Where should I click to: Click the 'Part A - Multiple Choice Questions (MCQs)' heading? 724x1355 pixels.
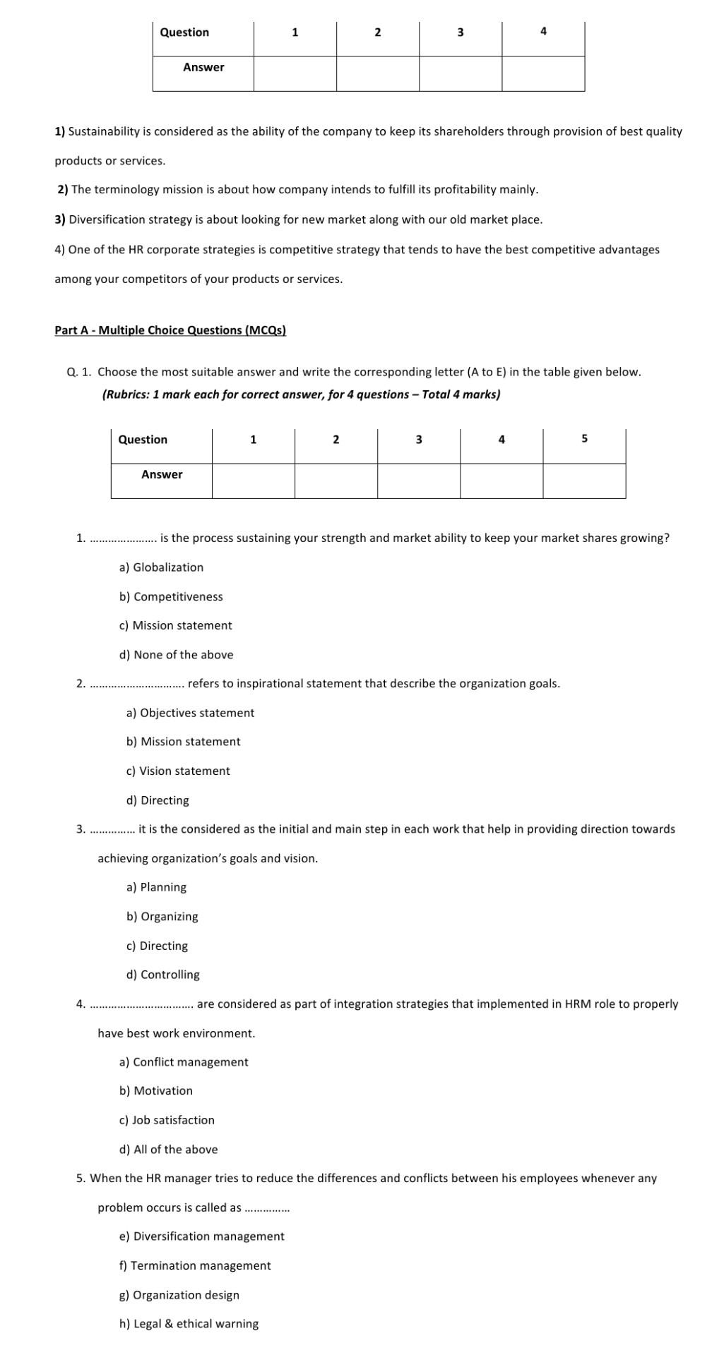[170, 330]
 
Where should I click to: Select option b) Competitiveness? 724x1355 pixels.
[171, 596]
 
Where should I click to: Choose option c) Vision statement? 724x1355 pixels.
[178, 771]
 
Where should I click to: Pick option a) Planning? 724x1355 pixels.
[156, 887]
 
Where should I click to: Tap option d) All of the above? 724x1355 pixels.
[168, 1149]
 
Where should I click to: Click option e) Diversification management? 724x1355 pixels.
[201, 1236]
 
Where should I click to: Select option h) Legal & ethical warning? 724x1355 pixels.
[189, 1323]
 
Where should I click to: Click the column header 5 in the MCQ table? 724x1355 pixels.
[584, 439]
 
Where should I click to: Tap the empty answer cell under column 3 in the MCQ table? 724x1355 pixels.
[418, 481]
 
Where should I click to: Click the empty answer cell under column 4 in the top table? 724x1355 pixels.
[543, 73]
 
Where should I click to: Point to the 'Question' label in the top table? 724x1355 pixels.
[184, 32]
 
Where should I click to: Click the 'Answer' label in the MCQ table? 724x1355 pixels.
[162, 474]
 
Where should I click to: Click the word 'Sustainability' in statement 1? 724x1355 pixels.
[102, 131]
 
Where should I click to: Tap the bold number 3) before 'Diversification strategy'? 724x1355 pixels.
[60, 219]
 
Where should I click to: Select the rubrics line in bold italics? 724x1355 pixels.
[301, 395]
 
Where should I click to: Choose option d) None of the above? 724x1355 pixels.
[176, 654]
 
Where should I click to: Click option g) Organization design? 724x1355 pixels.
[179, 1294]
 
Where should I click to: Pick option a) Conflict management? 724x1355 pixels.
[184, 1061]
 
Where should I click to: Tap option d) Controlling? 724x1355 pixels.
[162, 974]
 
